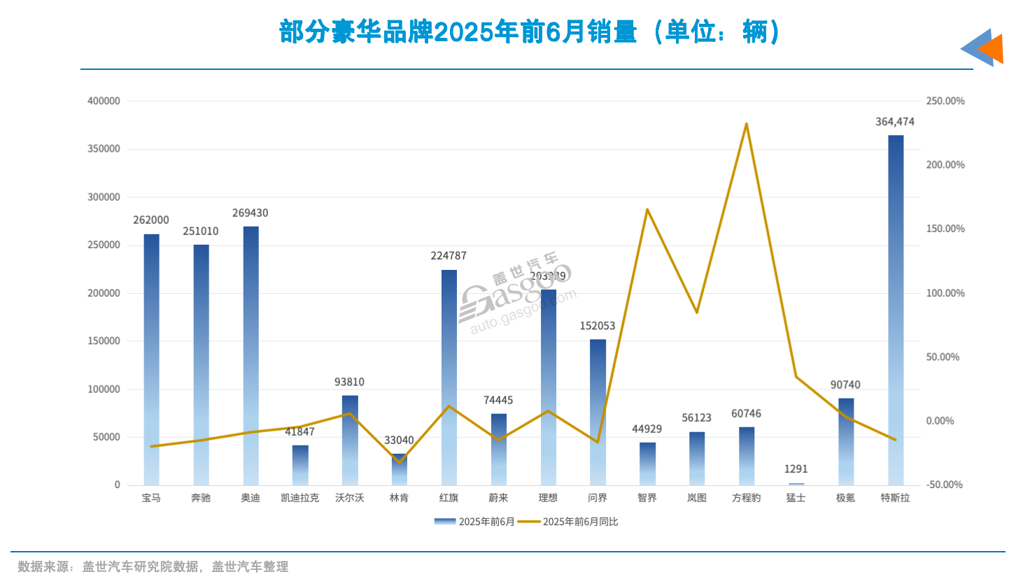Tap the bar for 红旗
click(x=449, y=378)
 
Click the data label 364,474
click(x=895, y=122)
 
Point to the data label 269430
click(x=251, y=213)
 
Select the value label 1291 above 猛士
click(x=796, y=469)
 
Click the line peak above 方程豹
click(x=747, y=124)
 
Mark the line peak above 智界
click(x=647, y=209)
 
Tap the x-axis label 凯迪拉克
click(x=299, y=498)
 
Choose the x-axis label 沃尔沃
click(x=349, y=498)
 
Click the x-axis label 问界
click(x=598, y=498)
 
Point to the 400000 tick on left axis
click(x=104, y=101)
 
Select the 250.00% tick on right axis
click(x=945, y=101)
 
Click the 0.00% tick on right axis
click(x=940, y=421)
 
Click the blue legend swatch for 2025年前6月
click(x=445, y=522)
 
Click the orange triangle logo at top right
click(x=992, y=49)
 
